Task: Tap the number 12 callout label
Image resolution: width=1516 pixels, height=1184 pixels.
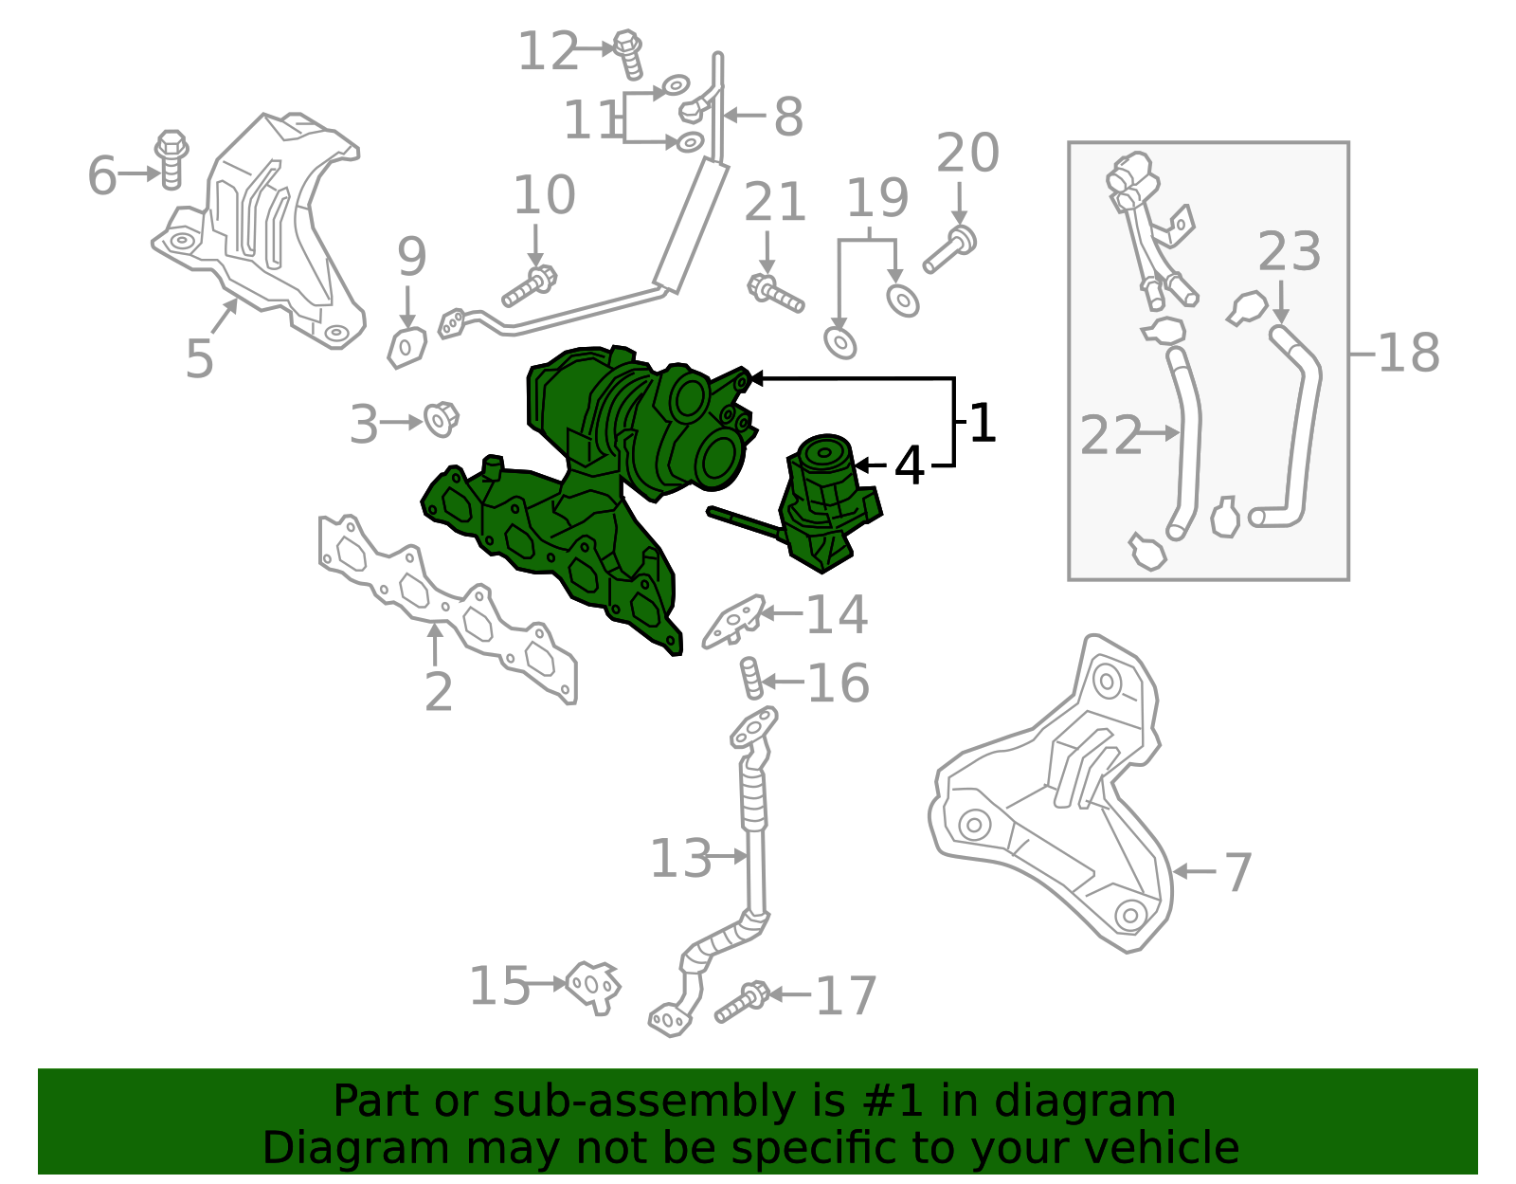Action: click(548, 51)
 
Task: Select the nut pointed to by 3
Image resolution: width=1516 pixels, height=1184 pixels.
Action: click(441, 419)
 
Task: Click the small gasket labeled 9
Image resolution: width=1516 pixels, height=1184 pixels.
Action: click(406, 346)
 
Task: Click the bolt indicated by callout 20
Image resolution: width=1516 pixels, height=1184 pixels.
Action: click(950, 248)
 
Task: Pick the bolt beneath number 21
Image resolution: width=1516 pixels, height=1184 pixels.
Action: click(776, 293)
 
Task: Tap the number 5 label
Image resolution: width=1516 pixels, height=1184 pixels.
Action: click(200, 358)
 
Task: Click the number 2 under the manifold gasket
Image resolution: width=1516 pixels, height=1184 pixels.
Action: click(439, 693)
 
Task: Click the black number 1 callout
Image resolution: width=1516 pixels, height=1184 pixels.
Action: click(983, 423)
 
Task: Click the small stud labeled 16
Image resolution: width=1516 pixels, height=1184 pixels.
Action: click(750, 678)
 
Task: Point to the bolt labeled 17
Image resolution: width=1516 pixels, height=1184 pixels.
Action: click(741, 1003)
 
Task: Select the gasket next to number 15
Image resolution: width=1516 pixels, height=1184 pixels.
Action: click(593, 986)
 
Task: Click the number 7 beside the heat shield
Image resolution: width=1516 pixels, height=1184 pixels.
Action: click(1237, 872)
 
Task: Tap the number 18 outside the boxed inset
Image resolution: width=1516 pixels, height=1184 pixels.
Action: click(1408, 353)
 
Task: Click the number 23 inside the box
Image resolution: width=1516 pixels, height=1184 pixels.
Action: click(1289, 252)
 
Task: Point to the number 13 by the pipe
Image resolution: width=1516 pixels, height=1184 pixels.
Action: click(680, 859)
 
